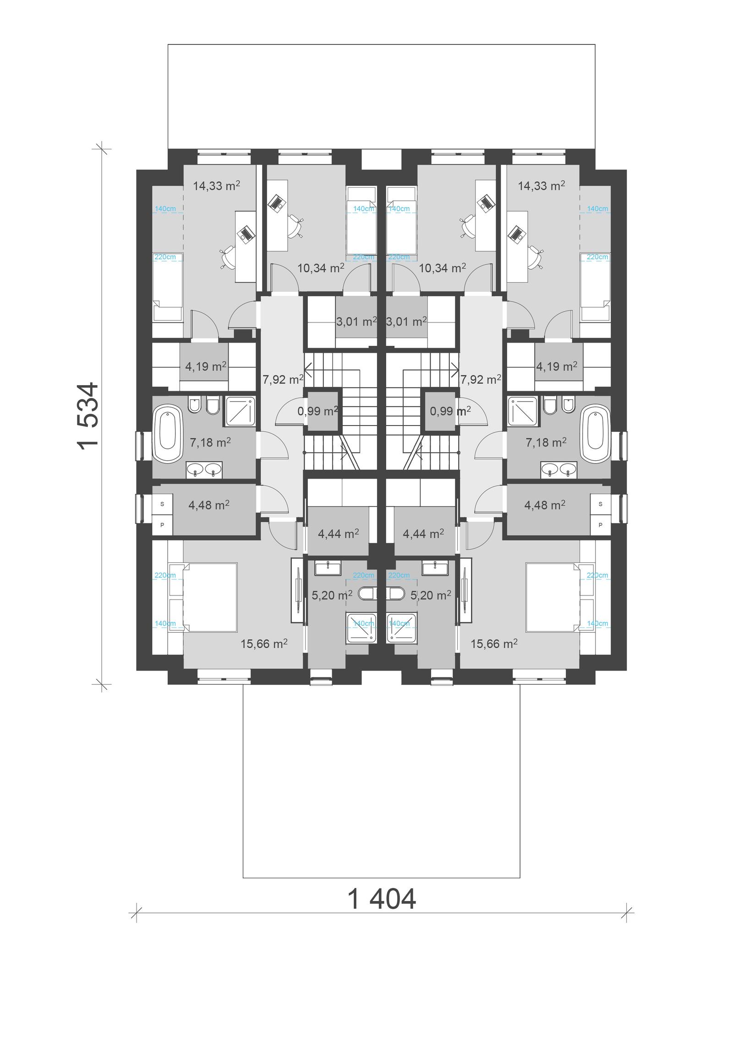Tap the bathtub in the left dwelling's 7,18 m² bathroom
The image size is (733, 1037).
pyautogui.click(x=168, y=433)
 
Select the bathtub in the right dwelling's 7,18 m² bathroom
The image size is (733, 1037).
pyautogui.click(x=595, y=433)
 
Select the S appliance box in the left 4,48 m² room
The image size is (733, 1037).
pyautogui.click(x=162, y=504)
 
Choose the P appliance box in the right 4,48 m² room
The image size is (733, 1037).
pyautogui.click(x=601, y=525)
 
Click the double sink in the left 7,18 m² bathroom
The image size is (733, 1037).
pyautogui.click(x=204, y=469)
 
